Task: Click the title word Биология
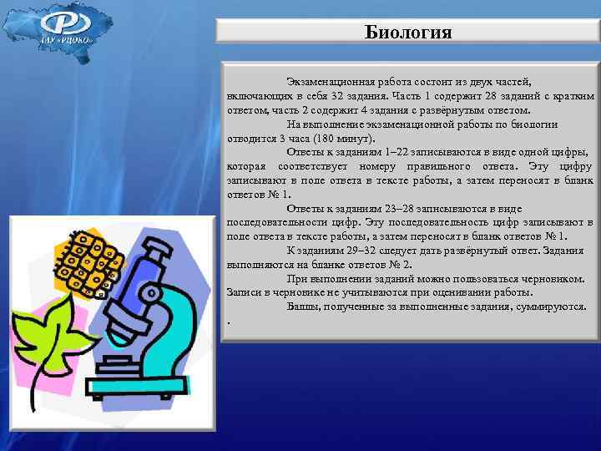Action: [x=409, y=33]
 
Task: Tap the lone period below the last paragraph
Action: [x=229, y=322]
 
